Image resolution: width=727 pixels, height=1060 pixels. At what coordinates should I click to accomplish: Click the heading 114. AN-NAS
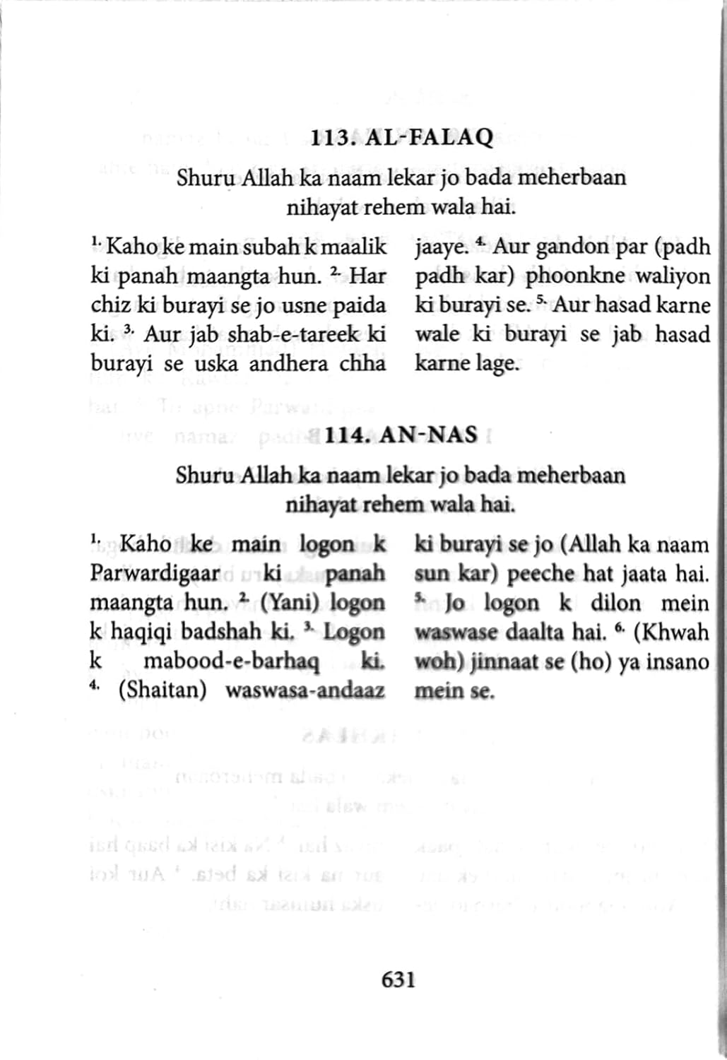[401, 435]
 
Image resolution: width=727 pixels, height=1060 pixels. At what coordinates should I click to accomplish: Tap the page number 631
[398, 979]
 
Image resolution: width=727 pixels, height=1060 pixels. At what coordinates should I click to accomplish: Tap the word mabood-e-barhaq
[231, 661]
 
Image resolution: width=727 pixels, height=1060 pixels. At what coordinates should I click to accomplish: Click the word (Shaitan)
[162, 690]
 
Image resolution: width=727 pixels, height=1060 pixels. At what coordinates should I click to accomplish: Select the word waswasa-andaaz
[305, 690]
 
